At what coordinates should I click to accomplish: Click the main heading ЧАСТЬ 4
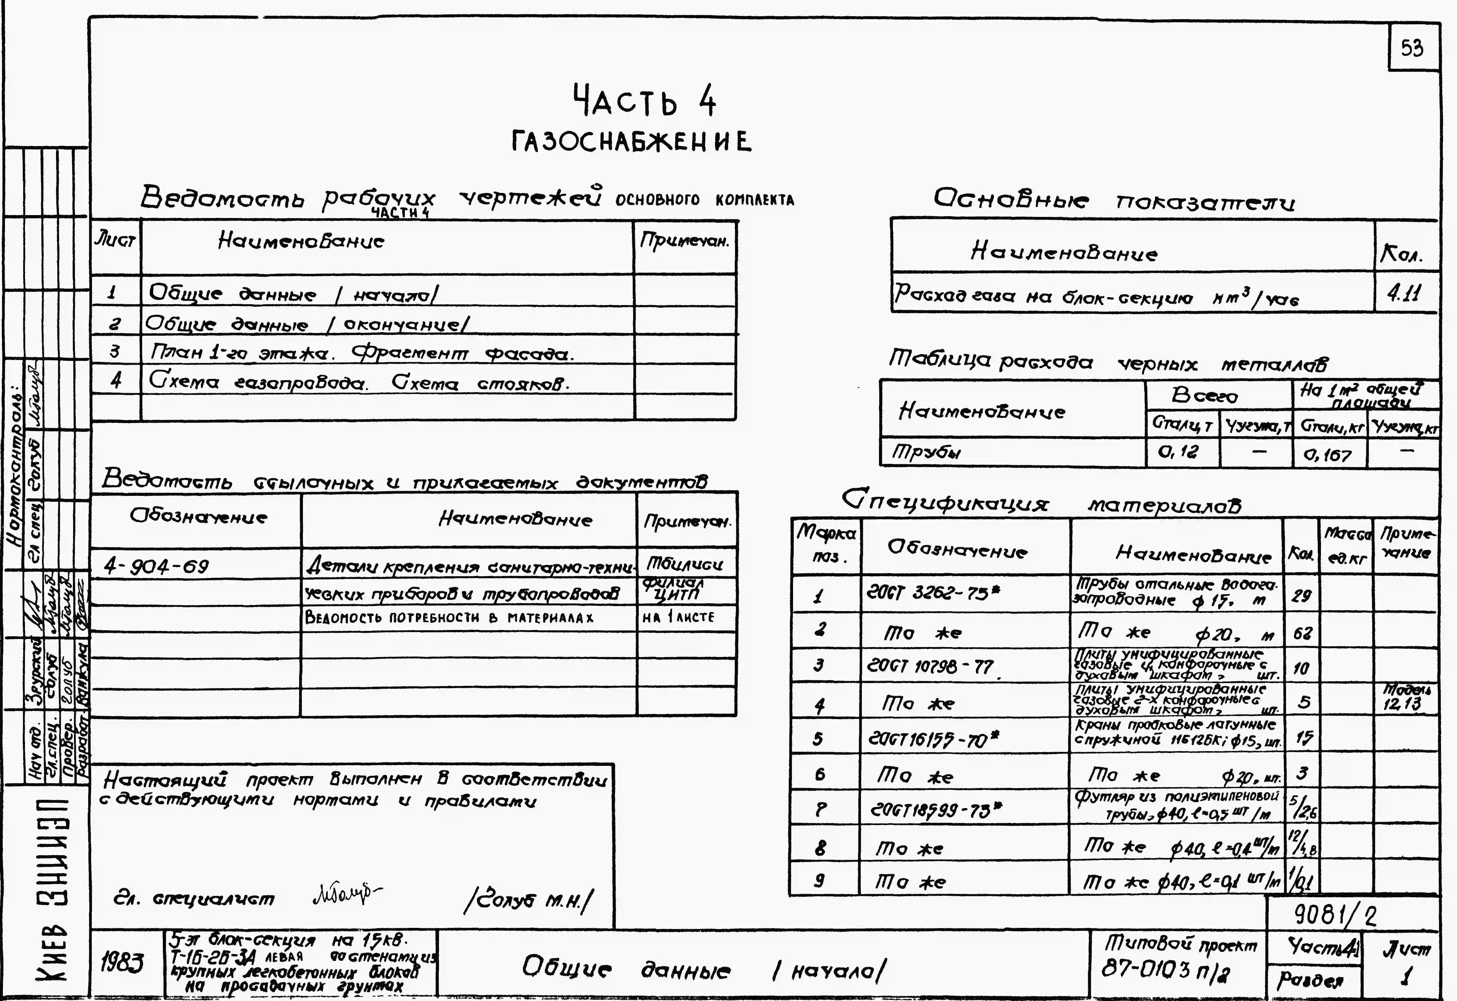[644, 102]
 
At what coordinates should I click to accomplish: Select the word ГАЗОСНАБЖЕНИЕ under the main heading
[631, 142]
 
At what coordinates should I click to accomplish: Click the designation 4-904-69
[157, 566]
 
